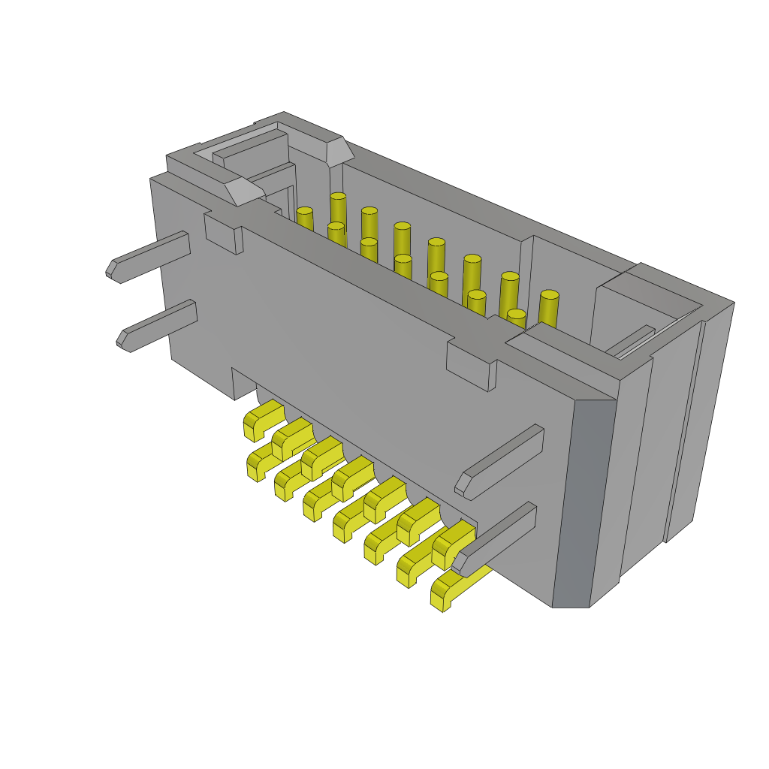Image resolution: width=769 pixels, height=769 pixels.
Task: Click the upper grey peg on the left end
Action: pos(150,256)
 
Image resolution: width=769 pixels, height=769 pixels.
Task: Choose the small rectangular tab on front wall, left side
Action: pos(223,234)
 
